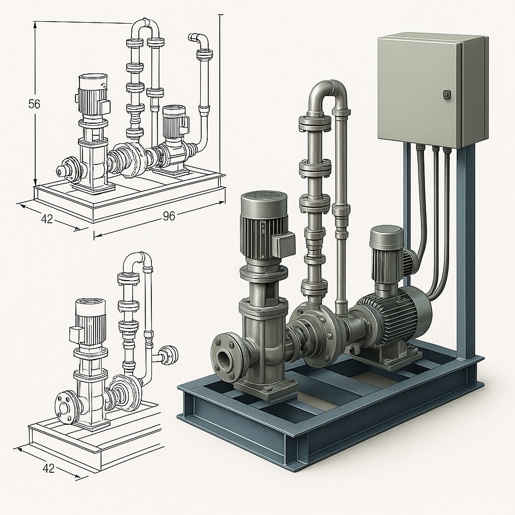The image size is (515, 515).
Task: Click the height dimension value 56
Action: point(34,105)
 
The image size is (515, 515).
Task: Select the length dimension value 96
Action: point(168,216)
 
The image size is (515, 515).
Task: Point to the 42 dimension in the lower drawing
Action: point(48,468)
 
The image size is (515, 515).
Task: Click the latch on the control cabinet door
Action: point(446,94)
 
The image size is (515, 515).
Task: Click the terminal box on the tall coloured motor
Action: point(283,245)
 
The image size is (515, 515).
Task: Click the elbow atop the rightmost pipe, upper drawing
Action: point(200,41)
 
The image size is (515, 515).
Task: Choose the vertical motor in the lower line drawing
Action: point(90,322)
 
